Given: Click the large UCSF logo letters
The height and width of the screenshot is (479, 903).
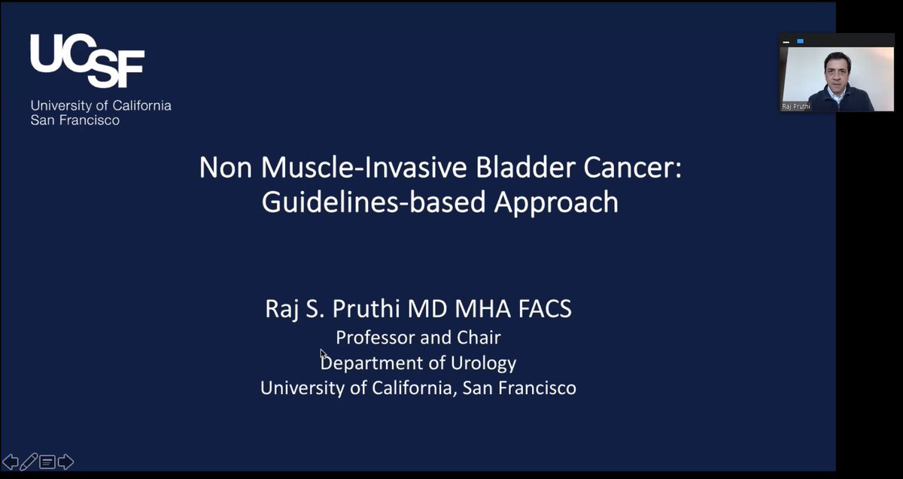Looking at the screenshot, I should (87, 61).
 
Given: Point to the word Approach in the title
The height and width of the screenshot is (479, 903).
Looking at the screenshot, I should (556, 202).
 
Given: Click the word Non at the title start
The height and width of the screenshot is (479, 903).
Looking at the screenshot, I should (223, 167).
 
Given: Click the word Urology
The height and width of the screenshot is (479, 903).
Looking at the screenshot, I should (482, 363).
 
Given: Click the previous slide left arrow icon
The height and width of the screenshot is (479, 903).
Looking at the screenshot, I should (11, 462).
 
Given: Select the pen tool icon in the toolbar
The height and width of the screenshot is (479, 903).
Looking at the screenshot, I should (29, 462).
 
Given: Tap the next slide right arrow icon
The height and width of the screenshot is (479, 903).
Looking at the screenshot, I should (65, 462).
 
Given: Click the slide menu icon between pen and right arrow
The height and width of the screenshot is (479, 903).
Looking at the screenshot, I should (47, 462).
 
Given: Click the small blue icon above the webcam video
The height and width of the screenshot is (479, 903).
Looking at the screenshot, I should (800, 41).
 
